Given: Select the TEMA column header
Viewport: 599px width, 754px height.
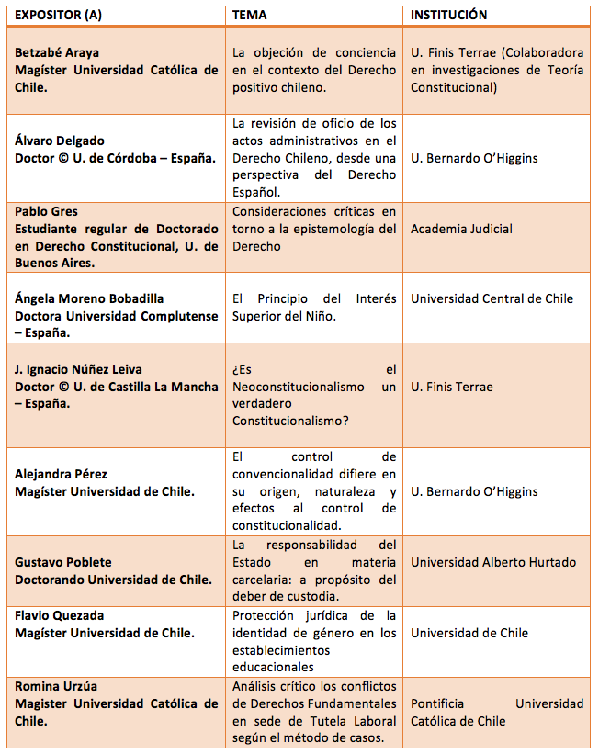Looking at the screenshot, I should (x=250, y=16).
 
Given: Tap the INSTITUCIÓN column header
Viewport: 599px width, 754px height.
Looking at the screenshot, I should (x=448, y=16).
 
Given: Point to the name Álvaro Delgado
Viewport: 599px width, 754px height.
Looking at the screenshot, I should (x=60, y=141).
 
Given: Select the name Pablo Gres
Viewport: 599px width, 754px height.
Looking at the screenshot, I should (x=46, y=212).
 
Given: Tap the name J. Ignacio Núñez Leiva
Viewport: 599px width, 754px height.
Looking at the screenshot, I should (x=79, y=369).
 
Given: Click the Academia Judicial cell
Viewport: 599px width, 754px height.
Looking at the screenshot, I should (x=461, y=229).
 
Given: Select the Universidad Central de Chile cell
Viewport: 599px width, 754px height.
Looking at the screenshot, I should (x=492, y=298).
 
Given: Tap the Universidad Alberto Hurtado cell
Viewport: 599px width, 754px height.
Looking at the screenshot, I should (x=493, y=562).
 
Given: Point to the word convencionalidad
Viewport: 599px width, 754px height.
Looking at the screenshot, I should (x=288, y=474).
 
